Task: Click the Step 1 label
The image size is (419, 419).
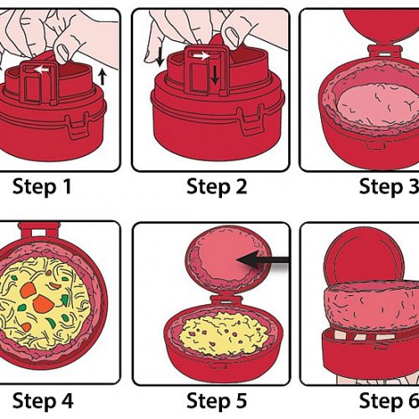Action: [42, 187]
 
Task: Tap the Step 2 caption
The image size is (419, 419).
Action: [217, 187]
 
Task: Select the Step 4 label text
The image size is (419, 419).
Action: [43, 401]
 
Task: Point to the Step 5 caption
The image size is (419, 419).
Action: [217, 401]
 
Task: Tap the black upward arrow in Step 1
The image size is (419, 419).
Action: [102, 77]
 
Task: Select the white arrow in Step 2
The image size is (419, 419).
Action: [202, 56]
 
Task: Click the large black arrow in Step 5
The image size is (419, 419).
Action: [262, 260]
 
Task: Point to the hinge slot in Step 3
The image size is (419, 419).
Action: [384, 53]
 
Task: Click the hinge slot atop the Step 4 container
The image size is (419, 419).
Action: [39, 232]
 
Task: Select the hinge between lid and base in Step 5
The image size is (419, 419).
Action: [226, 302]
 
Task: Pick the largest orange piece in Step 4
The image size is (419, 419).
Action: [42, 304]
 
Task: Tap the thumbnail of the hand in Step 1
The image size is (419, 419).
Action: [63, 52]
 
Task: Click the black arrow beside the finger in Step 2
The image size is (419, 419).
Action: [160, 57]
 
